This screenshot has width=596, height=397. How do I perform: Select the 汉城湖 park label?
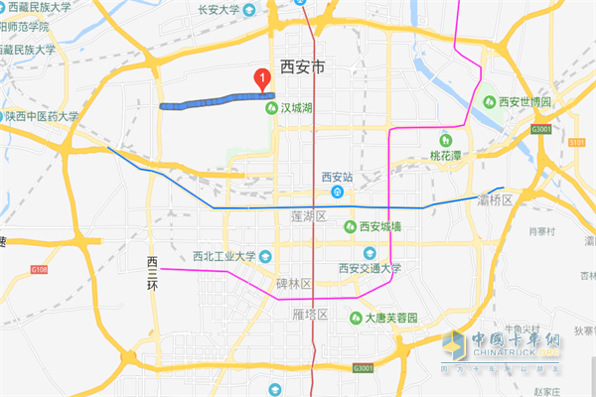[296, 108]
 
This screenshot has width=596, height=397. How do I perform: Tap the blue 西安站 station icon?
[339, 192]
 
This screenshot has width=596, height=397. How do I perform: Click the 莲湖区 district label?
[309, 215]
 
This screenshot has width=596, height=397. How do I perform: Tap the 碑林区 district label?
[293, 284]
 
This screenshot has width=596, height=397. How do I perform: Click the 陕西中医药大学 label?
[45, 116]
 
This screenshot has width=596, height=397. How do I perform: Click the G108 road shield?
[39, 268]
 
